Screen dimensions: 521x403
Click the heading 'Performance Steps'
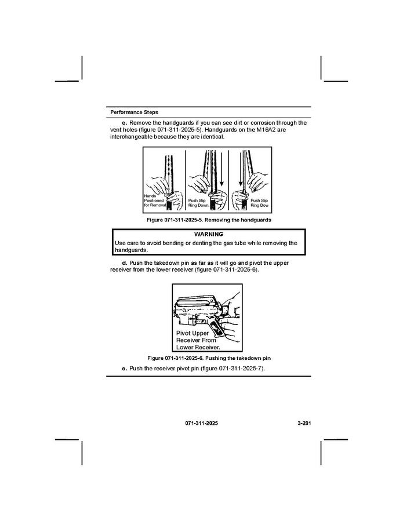click(x=134, y=112)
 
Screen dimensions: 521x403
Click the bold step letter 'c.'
click(x=124, y=123)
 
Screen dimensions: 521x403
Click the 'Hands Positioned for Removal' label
click(x=154, y=201)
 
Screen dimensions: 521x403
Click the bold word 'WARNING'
click(x=209, y=234)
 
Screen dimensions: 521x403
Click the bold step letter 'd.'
click(x=125, y=263)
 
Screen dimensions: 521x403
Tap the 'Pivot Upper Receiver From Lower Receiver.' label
click(x=198, y=341)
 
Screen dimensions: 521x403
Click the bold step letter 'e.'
click(x=124, y=369)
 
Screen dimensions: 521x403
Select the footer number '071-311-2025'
click(x=202, y=424)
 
